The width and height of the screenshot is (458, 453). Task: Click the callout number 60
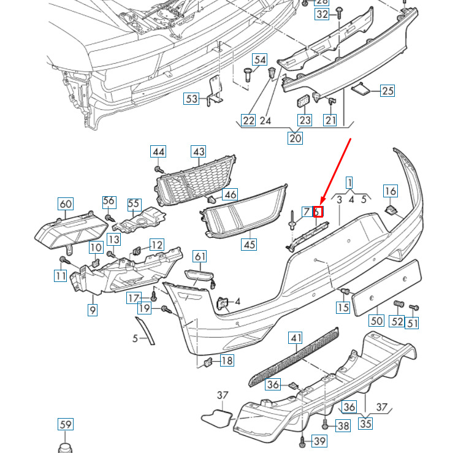pos(65,204)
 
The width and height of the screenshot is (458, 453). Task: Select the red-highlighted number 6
pos(318,212)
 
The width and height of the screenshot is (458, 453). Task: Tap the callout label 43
pos(199,151)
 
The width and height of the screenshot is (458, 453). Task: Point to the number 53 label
pos(192,98)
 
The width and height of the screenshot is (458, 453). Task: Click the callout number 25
pos(387,91)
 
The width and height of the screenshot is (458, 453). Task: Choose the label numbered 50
pos(376,320)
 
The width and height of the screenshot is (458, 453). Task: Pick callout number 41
pos(296,338)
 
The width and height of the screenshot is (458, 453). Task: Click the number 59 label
pos(65,424)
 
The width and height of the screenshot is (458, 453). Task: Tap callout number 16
pos(391,192)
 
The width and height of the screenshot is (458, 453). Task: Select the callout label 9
pos(92,310)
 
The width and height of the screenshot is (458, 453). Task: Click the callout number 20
pos(296,138)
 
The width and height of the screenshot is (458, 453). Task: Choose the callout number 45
pos(248,244)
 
